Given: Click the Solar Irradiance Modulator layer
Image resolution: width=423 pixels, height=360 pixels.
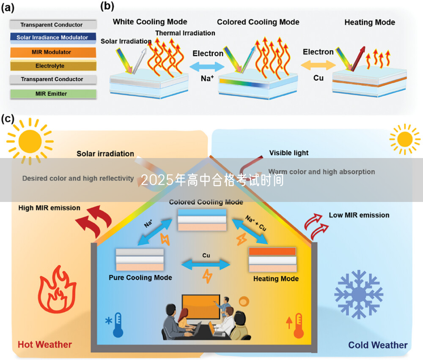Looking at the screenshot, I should coord(52,38).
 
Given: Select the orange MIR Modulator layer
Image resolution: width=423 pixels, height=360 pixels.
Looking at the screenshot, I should coord(52,52).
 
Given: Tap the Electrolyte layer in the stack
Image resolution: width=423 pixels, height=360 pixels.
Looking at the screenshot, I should coord(52,66).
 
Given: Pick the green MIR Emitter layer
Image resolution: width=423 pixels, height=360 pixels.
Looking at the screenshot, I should coord(52,93).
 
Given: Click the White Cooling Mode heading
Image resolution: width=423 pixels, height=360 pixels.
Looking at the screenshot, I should coord(150,22).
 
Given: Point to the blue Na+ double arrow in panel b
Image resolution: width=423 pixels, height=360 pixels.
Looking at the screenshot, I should coord(207,66).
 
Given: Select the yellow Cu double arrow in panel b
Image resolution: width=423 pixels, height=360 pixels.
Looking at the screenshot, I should coord(318,65).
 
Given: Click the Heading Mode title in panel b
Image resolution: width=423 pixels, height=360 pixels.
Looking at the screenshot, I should coord(369,22).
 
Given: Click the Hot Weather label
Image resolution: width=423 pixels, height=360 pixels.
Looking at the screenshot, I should coord(45,344).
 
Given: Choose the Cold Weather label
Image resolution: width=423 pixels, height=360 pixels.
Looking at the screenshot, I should coord(378,345).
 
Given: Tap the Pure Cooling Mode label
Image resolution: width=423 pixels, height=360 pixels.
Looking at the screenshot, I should coord(140,278).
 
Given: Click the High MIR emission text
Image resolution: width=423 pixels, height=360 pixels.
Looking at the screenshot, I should coord(49,208).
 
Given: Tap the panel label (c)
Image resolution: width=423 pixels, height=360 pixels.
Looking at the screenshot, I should coord(8,119).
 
